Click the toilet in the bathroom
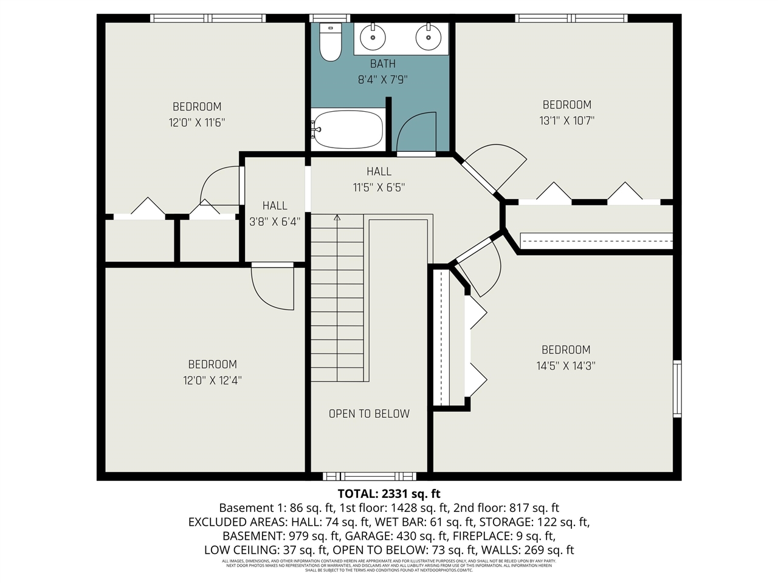(331, 43)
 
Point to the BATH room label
(382, 64)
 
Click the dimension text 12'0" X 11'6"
(197, 123)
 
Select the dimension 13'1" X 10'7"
(566, 121)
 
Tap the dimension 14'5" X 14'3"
(565, 366)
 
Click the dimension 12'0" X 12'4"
(212, 381)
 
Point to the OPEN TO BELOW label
(369, 414)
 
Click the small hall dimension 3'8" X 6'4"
(275, 222)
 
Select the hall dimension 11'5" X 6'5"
(379, 188)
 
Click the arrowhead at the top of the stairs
(337, 217)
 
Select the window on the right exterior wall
(676, 389)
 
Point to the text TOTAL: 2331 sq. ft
(388, 493)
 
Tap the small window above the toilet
(330, 18)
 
